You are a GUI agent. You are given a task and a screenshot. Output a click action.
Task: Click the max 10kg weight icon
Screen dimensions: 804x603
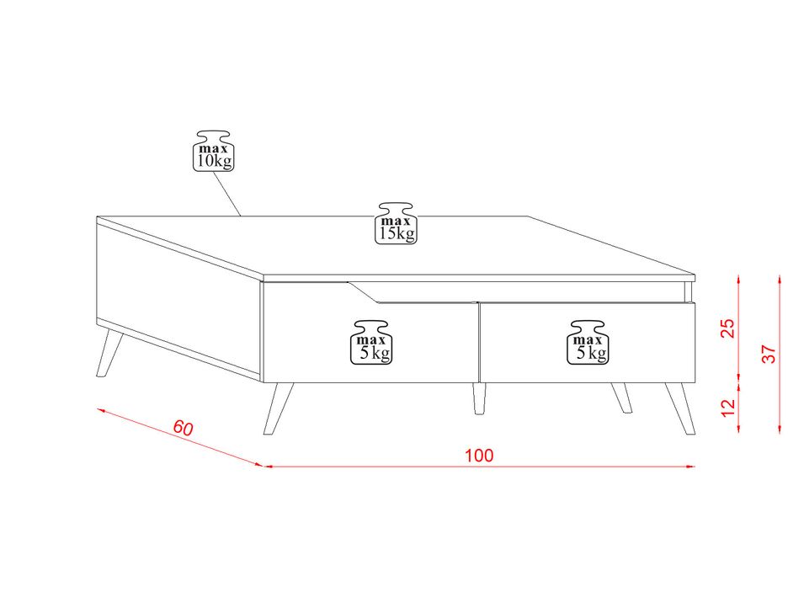point(213,151)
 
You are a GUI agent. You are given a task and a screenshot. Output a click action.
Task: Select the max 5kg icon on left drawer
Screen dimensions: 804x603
point(370,343)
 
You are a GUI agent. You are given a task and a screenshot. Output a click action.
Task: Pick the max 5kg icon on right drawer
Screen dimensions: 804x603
point(588,343)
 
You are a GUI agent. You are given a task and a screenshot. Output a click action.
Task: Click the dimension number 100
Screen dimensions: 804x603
point(479,456)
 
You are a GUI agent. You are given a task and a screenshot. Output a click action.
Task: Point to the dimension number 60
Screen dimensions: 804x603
point(183,428)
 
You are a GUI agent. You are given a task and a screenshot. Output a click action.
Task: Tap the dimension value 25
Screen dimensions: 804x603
point(728,328)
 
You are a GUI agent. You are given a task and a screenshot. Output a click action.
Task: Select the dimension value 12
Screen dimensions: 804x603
point(728,408)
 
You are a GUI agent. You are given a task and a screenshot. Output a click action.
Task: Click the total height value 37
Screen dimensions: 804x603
point(769,354)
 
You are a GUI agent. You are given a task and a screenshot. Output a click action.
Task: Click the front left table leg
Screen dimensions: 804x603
point(278,408)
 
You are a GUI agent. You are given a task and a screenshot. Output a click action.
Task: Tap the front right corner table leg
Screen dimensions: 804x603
point(680,408)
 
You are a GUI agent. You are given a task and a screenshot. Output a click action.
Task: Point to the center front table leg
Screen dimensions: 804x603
point(479,398)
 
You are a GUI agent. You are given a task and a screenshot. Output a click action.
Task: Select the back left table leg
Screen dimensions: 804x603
point(109,353)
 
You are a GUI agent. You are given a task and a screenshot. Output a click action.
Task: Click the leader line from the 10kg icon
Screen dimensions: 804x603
point(226,194)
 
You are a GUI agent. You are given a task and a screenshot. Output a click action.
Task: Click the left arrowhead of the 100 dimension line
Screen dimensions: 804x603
point(268,466)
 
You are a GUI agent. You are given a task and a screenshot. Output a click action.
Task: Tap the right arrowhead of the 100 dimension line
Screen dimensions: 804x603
point(690,466)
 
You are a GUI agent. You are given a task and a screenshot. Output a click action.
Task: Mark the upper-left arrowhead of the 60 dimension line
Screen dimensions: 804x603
point(101,410)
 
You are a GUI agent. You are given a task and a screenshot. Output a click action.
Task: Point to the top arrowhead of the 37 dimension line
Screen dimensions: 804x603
point(780,280)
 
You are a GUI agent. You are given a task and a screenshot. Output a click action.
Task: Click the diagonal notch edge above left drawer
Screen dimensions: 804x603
point(363,291)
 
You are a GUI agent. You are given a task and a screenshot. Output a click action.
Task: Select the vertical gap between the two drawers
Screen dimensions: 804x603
point(479,343)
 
